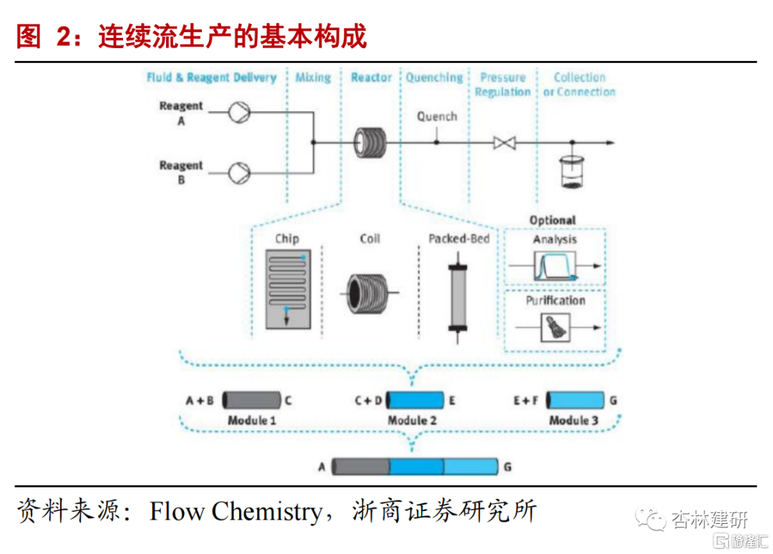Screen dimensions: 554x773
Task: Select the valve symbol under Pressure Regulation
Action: click(x=504, y=143)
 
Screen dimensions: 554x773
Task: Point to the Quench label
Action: click(x=437, y=116)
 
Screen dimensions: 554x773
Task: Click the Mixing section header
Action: click(x=313, y=77)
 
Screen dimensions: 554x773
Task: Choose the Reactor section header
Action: click(x=371, y=77)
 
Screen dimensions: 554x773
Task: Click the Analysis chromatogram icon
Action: click(x=555, y=267)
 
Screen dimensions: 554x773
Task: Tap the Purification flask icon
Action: click(x=555, y=327)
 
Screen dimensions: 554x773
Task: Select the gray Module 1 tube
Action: click(x=251, y=400)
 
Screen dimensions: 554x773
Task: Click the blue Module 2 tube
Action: click(x=414, y=400)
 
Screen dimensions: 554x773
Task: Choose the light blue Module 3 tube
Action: click(x=575, y=400)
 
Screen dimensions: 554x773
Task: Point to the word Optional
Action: click(x=552, y=220)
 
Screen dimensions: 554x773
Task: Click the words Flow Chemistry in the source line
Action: click(x=235, y=512)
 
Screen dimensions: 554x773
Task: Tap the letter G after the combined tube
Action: click(x=507, y=467)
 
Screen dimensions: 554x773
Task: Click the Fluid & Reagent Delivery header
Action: click(x=211, y=77)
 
